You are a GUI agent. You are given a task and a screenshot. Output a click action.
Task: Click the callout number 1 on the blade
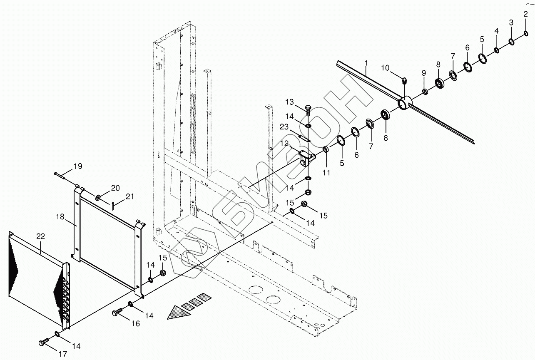click(x=366, y=63)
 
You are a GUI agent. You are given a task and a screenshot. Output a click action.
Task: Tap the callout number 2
click(x=526, y=14)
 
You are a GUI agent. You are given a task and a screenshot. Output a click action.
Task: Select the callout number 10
click(x=385, y=68)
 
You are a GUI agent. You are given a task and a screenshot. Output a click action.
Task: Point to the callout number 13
click(x=290, y=102)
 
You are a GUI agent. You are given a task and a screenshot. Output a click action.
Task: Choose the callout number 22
click(x=40, y=236)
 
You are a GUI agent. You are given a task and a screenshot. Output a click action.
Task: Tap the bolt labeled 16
click(x=117, y=312)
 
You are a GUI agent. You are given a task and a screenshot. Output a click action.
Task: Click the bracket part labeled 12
click(x=306, y=159)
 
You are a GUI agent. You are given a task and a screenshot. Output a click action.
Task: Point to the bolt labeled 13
click(x=307, y=111)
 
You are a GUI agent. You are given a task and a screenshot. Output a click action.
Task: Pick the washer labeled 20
click(x=98, y=197)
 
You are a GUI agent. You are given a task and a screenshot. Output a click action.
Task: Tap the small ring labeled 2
click(x=526, y=33)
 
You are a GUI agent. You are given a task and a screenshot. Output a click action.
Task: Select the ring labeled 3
click(x=511, y=42)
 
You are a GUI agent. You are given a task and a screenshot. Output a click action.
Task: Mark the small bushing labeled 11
click(x=326, y=150)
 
